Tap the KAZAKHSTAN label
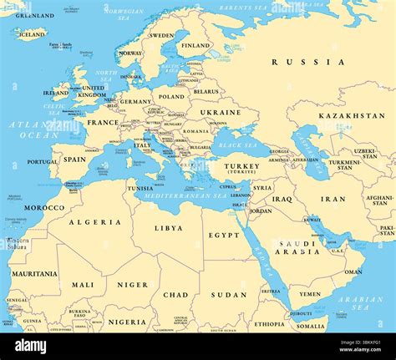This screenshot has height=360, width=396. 351,115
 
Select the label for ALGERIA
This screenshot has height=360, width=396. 89,222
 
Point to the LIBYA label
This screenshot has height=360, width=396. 168,227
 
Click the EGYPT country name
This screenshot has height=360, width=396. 223,236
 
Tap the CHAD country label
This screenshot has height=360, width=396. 175,294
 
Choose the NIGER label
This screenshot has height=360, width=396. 132,284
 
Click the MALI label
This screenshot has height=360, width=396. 83,284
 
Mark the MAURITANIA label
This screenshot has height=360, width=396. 34,273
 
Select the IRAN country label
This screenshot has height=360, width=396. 333,199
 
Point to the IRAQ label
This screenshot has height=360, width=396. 282,199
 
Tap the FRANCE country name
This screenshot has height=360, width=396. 103,122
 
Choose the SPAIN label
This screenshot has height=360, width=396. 75,159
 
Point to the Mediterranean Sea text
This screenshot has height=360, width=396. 185,195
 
